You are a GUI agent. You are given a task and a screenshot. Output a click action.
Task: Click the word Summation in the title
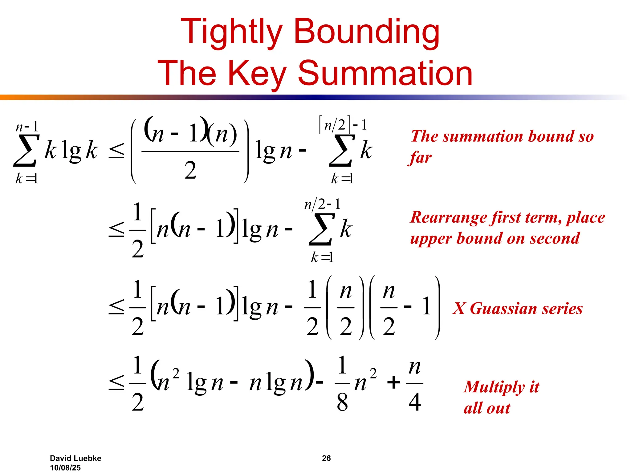coord(385,73)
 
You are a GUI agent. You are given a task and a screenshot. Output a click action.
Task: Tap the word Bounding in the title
coord(367,32)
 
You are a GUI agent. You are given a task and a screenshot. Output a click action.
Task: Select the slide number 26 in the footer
coord(326,458)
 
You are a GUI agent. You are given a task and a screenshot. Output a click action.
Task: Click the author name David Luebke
coord(75,458)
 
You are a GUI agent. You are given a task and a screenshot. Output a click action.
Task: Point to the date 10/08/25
coord(65,467)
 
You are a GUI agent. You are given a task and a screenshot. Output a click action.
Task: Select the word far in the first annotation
coord(421,158)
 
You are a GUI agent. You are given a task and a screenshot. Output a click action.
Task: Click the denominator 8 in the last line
coord(342,402)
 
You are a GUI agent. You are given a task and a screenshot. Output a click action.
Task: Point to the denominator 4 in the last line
coord(415,402)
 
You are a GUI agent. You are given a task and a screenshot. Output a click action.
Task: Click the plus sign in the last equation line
coord(393,383)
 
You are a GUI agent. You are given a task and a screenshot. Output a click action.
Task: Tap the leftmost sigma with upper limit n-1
coord(26,151)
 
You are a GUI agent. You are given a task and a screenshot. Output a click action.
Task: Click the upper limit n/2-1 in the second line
coord(322,204)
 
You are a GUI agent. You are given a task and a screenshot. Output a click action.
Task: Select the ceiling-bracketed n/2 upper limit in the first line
coord(335,125)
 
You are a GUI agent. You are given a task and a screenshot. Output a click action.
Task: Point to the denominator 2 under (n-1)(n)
coord(190,170)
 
